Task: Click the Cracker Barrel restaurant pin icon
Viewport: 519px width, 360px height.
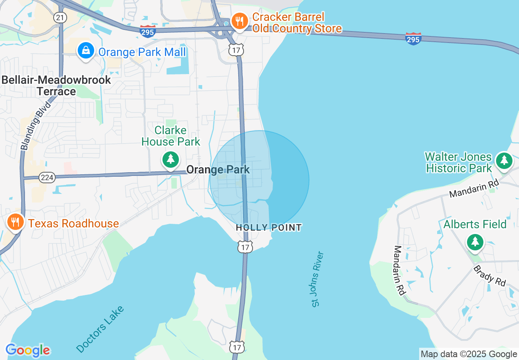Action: (x=239, y=20)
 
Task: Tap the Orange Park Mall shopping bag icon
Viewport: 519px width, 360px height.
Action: (x=86, y=51)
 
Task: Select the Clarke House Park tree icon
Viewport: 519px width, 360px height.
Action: (x=171, y=159)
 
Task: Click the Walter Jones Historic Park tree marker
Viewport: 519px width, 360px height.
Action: (x=504, y=160)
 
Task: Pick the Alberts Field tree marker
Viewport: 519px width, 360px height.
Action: (x=475, y=242)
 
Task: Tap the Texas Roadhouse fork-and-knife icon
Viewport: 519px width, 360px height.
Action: (x=16, y=222)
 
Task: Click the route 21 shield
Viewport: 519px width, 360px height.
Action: (x=60, y=17)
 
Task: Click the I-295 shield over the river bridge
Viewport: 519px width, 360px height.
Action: (x=413, y=39)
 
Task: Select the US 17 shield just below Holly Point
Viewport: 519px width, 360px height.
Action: (x=245, y=247)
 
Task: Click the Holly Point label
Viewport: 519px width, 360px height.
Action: (x=269, y=227)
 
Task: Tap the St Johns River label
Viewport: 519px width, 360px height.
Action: (x=317, y=279)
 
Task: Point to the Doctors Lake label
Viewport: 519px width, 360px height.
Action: (x=100, y=329)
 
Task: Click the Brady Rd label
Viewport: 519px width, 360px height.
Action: (x=490, y=276)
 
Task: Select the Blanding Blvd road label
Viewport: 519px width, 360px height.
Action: (x=36, y=125)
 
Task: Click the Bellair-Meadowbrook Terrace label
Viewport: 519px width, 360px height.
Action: (x=56, y=85)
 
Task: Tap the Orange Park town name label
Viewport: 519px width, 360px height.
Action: (x=218, y=169)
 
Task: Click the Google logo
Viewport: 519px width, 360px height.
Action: (x=27, y=350)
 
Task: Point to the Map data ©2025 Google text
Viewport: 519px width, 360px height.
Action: (x=469, y=354)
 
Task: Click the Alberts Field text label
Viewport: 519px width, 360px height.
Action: (x=475, y=224)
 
